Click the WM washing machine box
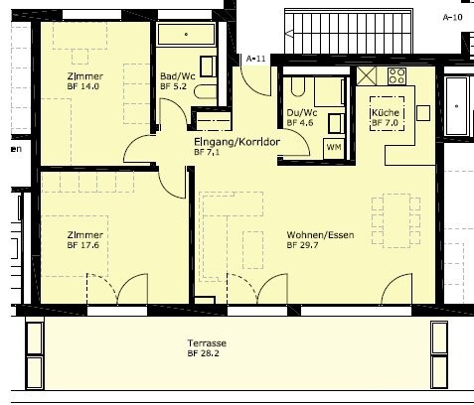pyautogui.click(x=334, y=147)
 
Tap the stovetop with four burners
pyautogui.click(x=396, y=76)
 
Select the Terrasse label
pyautogui.click(x=207, y=343)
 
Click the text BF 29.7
pyautogui.click(x=303, y=245)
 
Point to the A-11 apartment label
pyautogui.click(x=255, y=59)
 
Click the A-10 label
pyautogui.click(x=452, y=17)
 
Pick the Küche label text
pyautogui.click(x=386, y=112)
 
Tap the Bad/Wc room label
pyautogui.click(x=178, y=76)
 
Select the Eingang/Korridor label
pyautogui.click(x=237, y=142)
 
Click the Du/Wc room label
pyautogui.click(x=302, y=113)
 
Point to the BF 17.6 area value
pyautogui.click(x=83, y=245)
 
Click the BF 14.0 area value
pyautogui.click(x=83, y=86)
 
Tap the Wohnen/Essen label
pyautogui.click(x=320, y=235)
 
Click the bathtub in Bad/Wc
pyautogui.click(x=186, y=34)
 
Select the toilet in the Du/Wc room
pyautogui.click(x=298, y=86)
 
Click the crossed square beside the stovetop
pyautogui.click(x=367, y=75)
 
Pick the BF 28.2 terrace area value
pyautogui.click(x=203, y=353)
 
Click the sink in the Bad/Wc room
pyautogui.click(x=208, y=67)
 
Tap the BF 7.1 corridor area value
pyautogui.click(x=207, y=152)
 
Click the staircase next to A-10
pyautogui.click(x=349, y=32)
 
